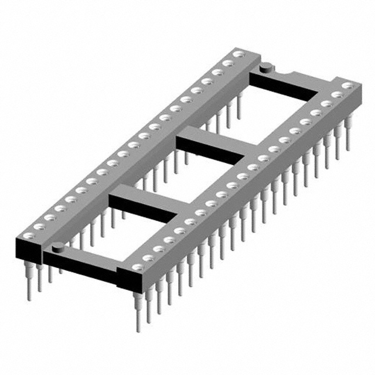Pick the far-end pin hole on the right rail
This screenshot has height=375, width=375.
[347, 86]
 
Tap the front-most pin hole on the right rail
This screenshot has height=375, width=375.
[134, 267]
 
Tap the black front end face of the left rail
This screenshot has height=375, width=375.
[26, 251]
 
